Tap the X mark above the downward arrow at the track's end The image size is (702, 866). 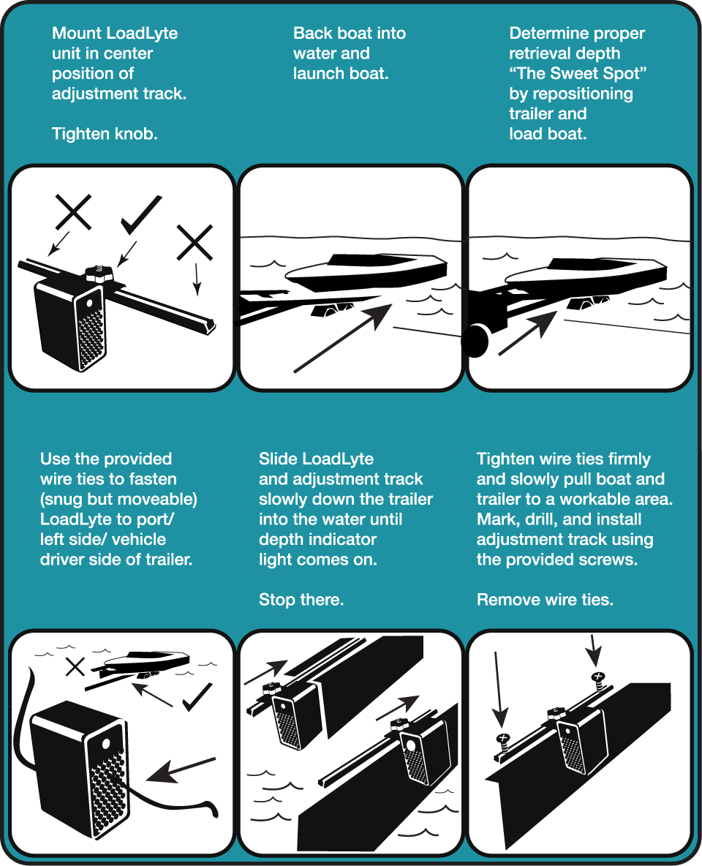pyautogui.click(x=195, y=242)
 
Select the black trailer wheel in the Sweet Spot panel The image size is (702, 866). pyautogui.click(x=475, y=341)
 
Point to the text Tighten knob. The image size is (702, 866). pyautogui.click(x=105, y=134)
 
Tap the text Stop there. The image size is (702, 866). pyautogui.click(x=301, y=599)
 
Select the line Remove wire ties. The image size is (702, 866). pyautogui.click(x=545, y=599)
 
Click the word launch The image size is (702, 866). pyautogui.click(x=317, y=73)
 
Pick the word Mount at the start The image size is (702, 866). pyautogui.click(x=77, y=33)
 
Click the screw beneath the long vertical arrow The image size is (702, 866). pyautogui.click(x=502, y=741)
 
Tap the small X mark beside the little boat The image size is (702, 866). pyautogui.click(x=75, y=666)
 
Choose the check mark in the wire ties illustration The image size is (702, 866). pyautogui.click(x=197, y=697)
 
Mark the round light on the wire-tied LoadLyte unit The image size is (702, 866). pyautogui.click(x=105, y=744)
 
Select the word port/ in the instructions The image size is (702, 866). pyautogui.click(x=155, y=520)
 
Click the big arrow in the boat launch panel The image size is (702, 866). pyautogui.click(x=342, y=338)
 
